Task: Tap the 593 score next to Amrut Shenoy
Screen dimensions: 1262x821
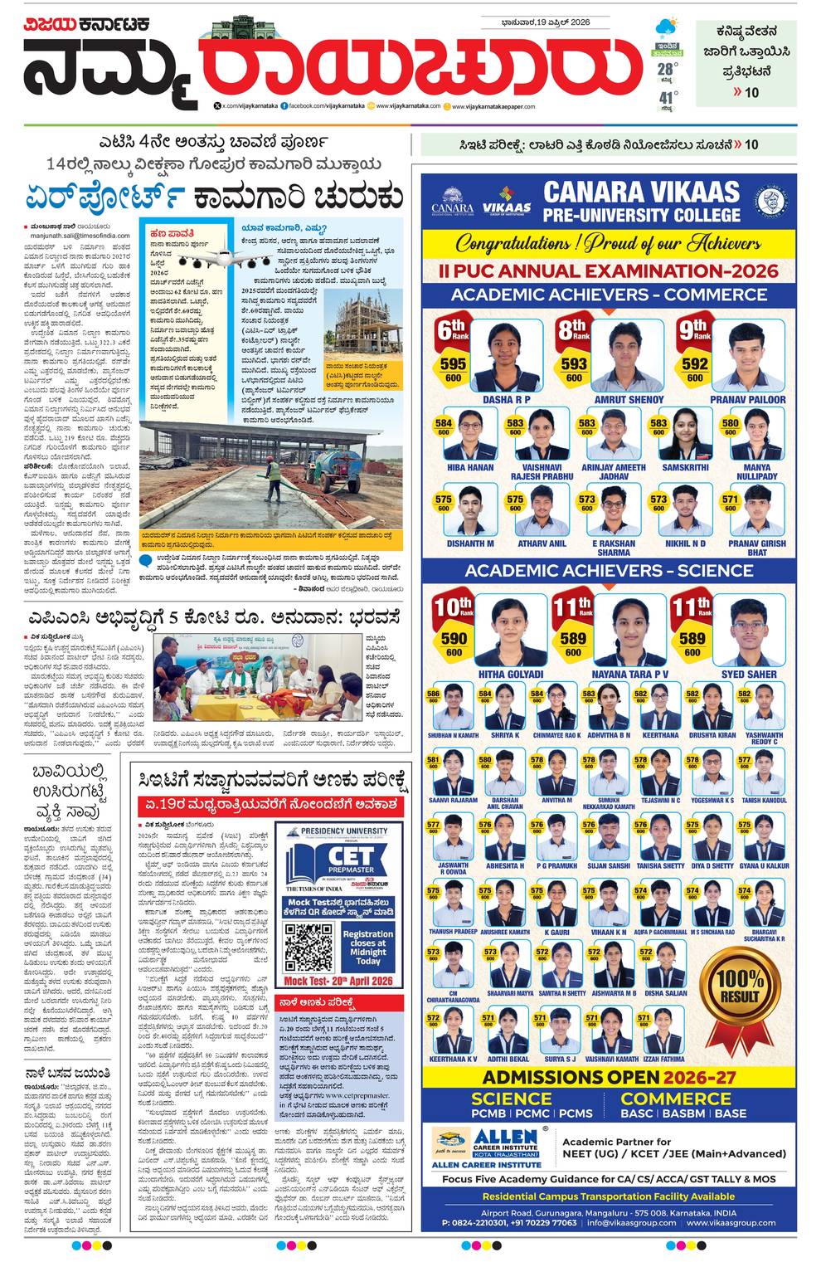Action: [x=573, y=363]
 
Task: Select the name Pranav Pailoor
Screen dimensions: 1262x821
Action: [x=747, y=400]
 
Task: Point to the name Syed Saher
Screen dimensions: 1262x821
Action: [x=749, y=675]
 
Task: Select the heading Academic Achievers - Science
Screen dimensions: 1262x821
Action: [x=609, y=570]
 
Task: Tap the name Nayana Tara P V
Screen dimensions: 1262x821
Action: [x=629, y=675]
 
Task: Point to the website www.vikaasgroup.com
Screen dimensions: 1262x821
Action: [x=731, y=1223]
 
